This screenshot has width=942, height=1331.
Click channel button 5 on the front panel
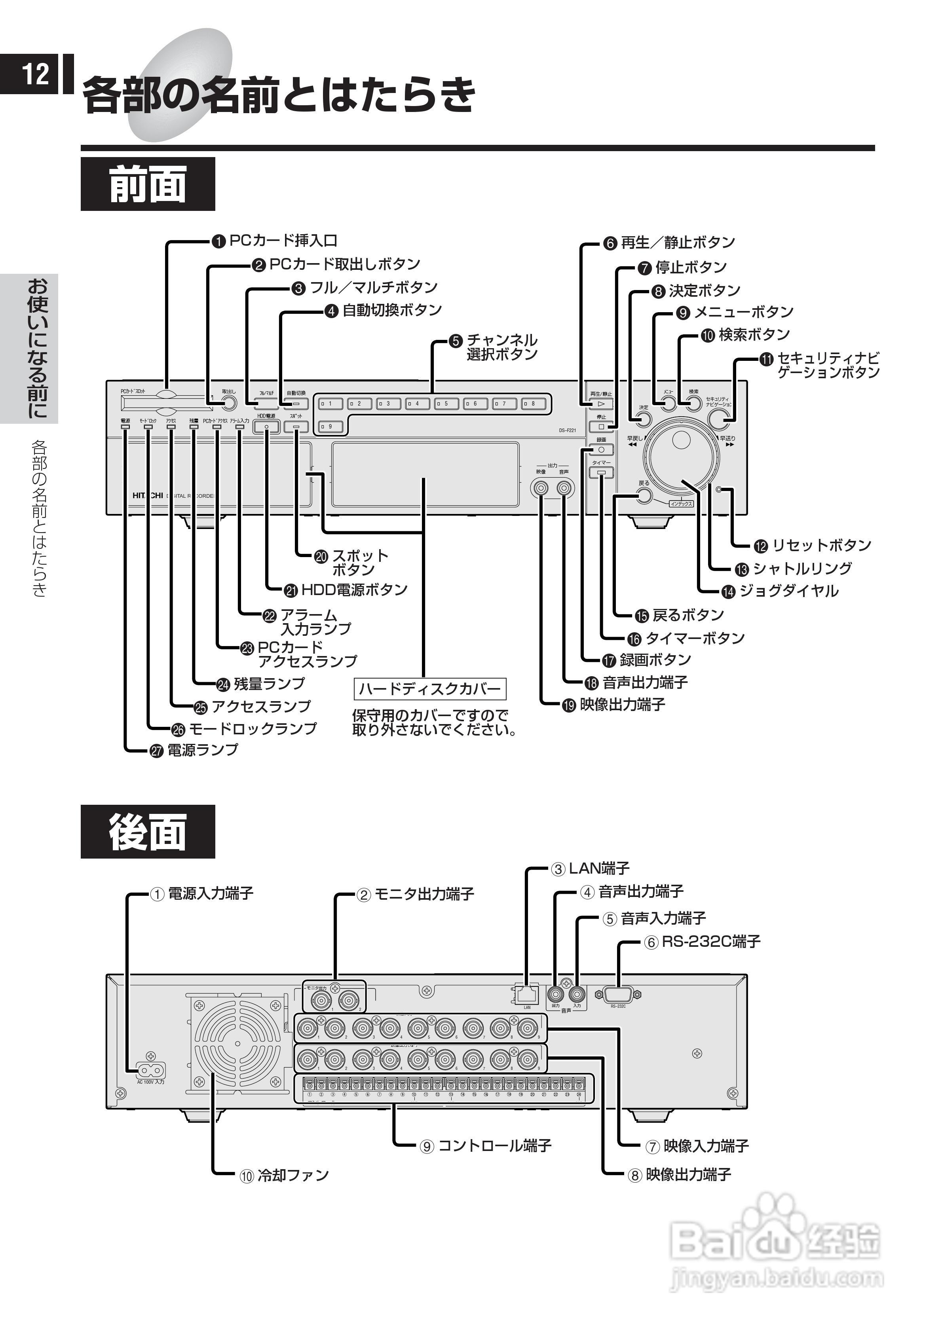[446, 404]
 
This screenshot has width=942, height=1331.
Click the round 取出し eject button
[229, 404]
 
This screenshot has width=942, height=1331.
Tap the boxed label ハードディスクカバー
[430, 689]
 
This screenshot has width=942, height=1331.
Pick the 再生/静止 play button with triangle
[601, 404]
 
